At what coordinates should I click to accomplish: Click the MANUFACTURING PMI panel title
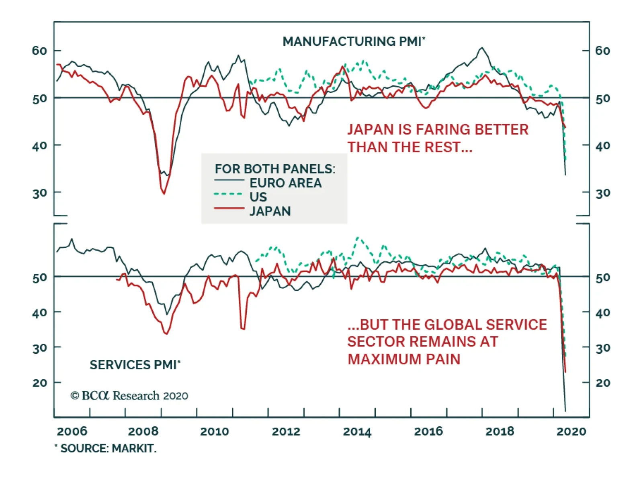[x=354, y=41]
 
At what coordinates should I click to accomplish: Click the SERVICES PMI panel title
[x=135, y=365]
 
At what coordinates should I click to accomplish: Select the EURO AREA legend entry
[x=285, y=183]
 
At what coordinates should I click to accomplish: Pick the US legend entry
[x=258, y=197]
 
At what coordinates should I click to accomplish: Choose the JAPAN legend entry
[x=270, y=211]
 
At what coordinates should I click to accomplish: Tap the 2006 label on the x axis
[x=72, y=432]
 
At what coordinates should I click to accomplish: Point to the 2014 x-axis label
[x=357, y=432]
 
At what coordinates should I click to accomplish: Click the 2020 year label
[x=571, y=432]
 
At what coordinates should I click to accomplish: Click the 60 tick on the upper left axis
[x=39, y=51]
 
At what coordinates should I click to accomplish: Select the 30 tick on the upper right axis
[x=602, y=193]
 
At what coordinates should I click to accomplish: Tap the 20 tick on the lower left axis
[x=39, y=383]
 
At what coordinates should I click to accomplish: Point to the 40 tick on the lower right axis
[x=602, y=312]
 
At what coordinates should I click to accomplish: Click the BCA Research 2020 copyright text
[x=129, y=396]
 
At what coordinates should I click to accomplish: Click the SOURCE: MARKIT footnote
[x=106, y=448]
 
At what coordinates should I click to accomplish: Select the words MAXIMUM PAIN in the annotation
[x=403, y=359]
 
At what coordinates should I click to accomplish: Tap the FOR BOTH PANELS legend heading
[x=275, y=169]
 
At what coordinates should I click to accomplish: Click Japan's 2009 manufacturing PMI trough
[x=164, y=194]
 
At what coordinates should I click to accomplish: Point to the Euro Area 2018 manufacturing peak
[x=482, y=48]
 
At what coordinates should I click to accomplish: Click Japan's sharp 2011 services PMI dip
[x=242, y=329]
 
